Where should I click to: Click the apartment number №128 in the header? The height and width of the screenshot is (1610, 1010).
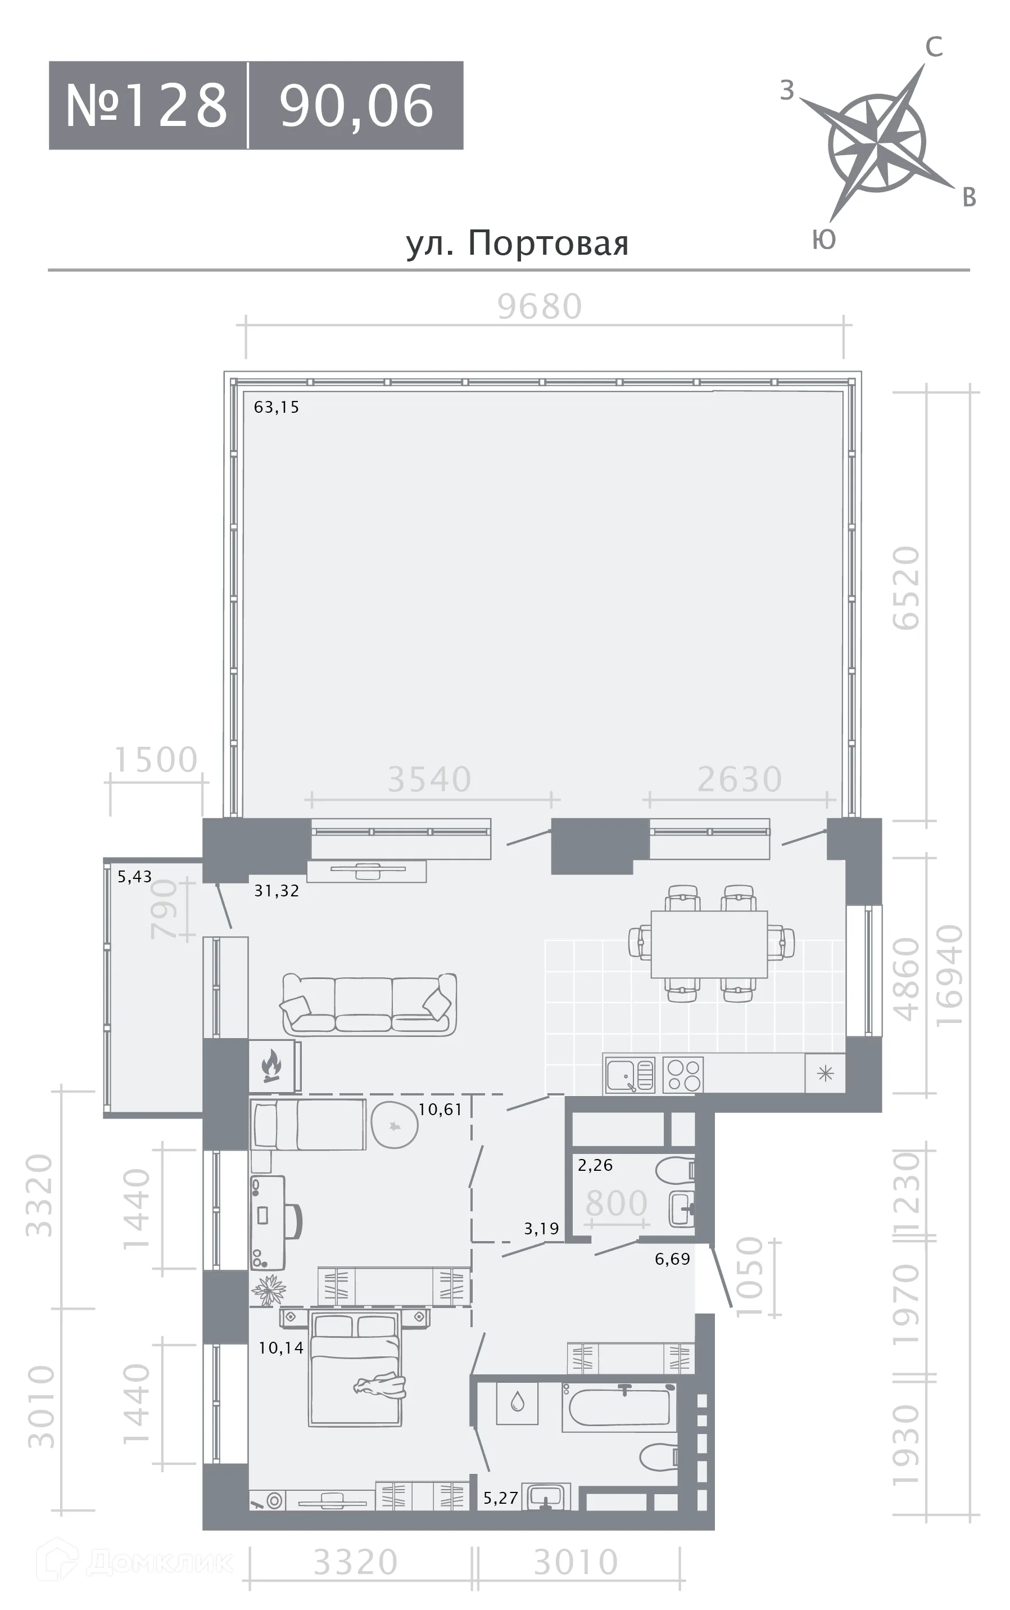[147, 105]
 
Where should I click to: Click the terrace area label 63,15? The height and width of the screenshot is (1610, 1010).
[277, 407]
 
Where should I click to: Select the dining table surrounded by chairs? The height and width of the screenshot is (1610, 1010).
[709, 944]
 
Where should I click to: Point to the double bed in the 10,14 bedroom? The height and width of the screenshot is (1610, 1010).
[355, 1368]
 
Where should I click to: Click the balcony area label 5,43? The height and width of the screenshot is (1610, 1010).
[134, 876]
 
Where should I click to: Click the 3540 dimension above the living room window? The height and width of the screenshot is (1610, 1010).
[429, 779]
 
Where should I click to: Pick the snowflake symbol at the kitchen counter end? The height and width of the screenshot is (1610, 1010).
[826, 1074]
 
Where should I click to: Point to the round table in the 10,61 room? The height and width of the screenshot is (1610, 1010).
[394, 1124]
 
